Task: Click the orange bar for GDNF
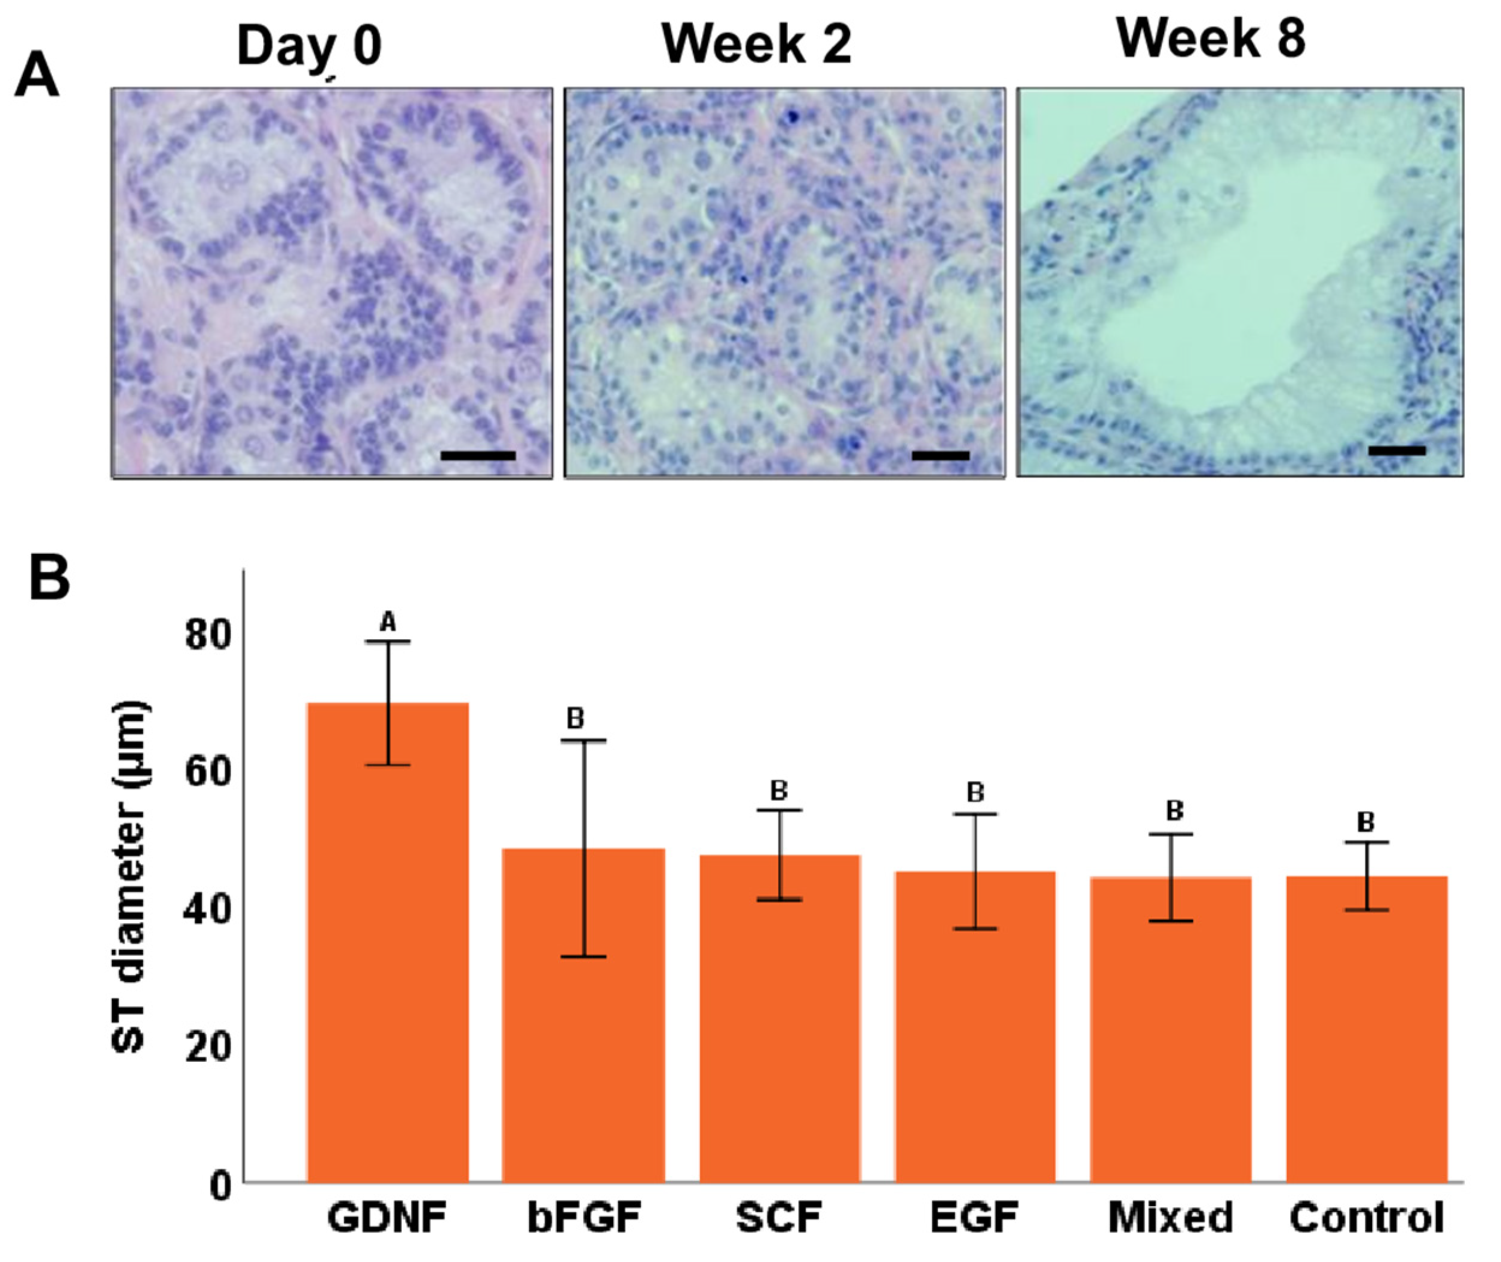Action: click(388, 952)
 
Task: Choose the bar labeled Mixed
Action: click(1170, 1037)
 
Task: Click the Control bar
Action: click(1366, 1037)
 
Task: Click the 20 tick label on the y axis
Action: click(208, 1048)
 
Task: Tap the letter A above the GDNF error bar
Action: click(388, 622)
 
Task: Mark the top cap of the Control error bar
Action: click(1366, 842)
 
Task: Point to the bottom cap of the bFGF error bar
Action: click(583, 957)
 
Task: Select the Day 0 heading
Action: click(309, 46)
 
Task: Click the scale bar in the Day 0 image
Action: click(478, 456)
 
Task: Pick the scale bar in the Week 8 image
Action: click(1396, 451)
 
